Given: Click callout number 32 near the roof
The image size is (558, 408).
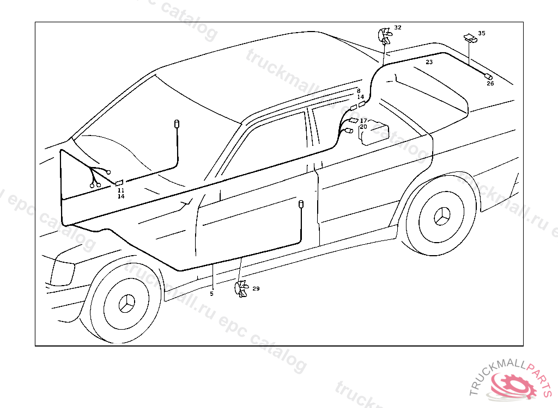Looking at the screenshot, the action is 398,27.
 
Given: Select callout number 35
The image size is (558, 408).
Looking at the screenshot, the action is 481,33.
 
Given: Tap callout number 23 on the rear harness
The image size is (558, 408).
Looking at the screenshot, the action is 429,63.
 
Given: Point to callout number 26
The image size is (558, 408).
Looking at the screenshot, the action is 490,84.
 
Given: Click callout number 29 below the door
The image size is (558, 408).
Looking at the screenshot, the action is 256,288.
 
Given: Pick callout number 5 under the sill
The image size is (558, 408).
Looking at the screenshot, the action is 211,294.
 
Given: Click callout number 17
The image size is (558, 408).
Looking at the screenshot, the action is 363,120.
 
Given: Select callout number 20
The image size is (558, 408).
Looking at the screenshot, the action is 363,127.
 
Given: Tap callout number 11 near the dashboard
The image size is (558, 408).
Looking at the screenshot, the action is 121,190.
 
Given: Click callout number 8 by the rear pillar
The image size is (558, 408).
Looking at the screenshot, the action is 359,91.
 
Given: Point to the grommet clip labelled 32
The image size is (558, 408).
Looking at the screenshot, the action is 385,37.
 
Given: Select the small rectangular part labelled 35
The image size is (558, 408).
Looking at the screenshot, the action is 469,37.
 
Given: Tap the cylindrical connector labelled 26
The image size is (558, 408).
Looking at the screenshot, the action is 488,76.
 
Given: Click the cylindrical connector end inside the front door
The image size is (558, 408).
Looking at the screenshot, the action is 300,204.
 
